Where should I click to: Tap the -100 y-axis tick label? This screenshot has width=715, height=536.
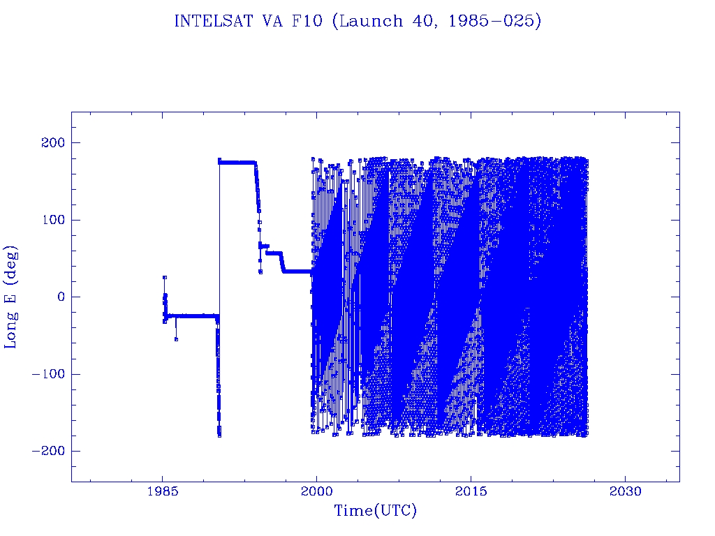click(x=46, y=374)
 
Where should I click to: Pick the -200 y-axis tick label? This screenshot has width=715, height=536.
click(x=46, y=451)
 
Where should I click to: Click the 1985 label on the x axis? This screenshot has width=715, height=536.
click(x=162, y=492)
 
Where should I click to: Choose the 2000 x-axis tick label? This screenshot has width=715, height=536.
click(x=316, y=492)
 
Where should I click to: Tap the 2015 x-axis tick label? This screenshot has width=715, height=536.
click(x=471, y=492)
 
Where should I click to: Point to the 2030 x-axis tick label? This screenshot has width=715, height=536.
click(x=626, y=492)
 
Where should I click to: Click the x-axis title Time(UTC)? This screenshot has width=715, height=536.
click(x=375, y=512)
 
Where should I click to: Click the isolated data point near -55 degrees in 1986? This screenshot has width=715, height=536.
click(x=176, y=339)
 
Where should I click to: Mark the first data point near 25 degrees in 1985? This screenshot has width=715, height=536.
click(x=165, y=277)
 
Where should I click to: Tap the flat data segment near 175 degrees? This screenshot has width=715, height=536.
click(x=237, y=162)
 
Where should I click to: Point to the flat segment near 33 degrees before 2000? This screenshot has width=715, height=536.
click(x=297, y=271)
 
